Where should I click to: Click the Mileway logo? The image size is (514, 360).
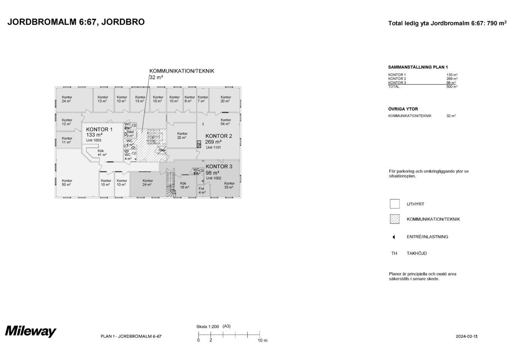[31, 331]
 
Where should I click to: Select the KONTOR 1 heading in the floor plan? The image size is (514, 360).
[99, 129]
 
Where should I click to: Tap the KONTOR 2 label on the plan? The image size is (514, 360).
[219, 136]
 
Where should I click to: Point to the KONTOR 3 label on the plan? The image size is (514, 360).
[219, 167]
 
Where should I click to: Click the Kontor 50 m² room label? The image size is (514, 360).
[67, 183]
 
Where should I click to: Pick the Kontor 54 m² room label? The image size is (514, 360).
[226, 122]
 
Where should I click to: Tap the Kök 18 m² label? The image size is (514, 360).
[184, 185]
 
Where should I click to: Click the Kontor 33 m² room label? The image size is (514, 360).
[229, 185]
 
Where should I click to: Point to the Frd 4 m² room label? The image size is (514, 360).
[202, 190]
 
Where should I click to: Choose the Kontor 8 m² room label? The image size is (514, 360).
[189, 99]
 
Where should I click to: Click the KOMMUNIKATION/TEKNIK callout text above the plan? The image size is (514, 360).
[182, 71]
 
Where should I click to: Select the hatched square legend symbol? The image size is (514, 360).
[395, 219]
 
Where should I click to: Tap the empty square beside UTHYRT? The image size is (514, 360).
[395, 204]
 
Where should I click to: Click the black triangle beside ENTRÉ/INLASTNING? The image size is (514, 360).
[393, 237]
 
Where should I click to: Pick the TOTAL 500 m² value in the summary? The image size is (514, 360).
[452, 87]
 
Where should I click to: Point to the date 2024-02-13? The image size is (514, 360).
[466, 336]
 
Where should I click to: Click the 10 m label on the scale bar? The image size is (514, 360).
[262, 340]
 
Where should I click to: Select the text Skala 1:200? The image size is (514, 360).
[208, 326]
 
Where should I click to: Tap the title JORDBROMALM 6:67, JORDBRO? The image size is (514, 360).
[76, 22]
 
